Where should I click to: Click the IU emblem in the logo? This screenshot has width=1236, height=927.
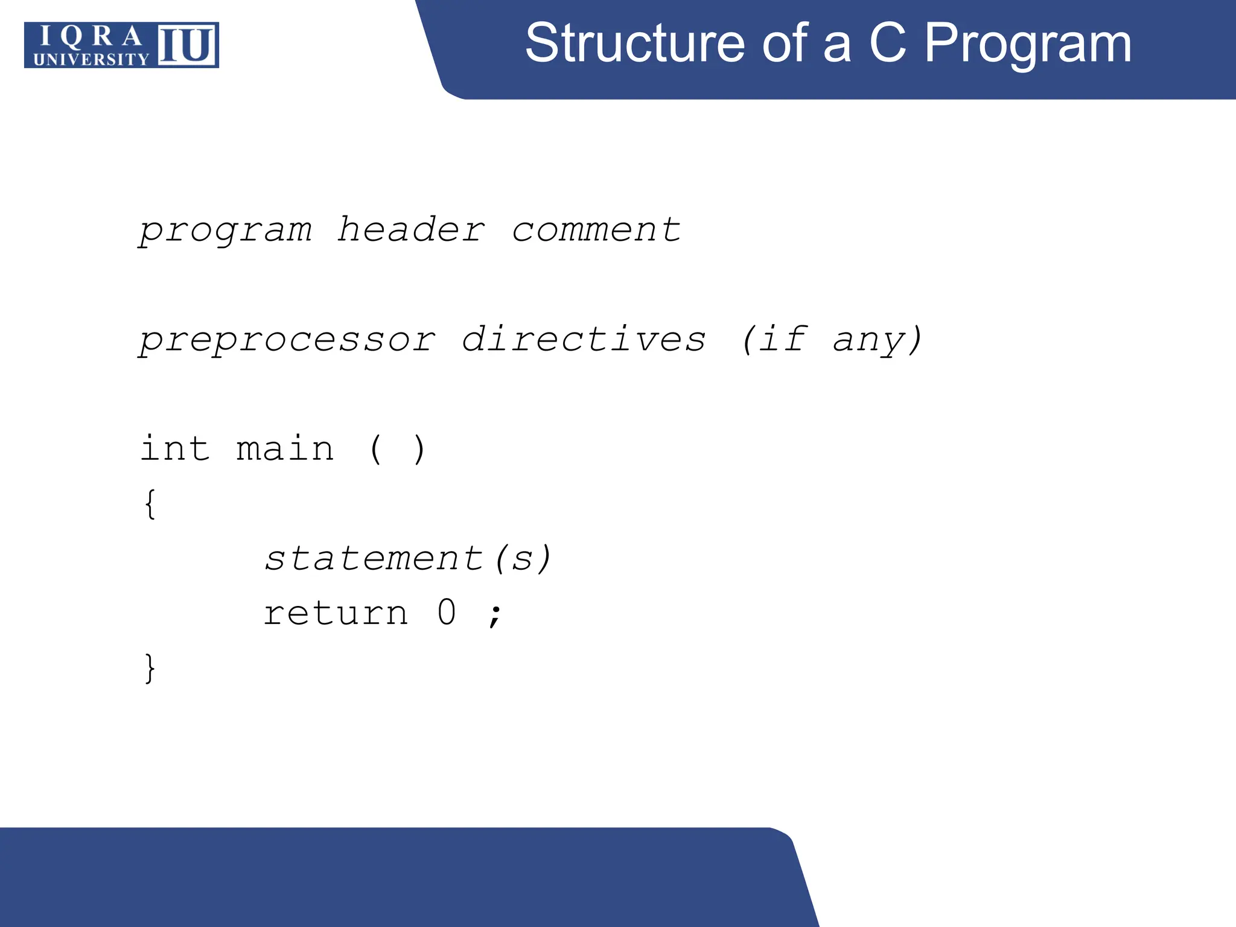pos(187,45)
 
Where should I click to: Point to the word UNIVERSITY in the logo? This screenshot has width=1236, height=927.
pos(91,59)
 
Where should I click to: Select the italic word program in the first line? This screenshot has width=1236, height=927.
pos(226,231)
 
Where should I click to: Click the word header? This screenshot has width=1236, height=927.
pos(411,230)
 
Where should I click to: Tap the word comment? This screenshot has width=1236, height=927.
pos(596,230)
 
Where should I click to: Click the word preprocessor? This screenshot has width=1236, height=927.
pos(287,340)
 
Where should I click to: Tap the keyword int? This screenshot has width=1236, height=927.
pos(175,449)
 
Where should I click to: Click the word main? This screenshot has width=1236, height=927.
pos(285,449)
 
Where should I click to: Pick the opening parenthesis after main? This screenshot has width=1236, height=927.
pos(375,450)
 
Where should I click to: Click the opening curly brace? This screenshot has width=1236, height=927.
pos(150,504)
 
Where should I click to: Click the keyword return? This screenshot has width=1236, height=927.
pos(336,613)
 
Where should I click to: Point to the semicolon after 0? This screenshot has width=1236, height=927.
pos(495,616)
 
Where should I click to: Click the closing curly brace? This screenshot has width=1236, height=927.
pos(150,668)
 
